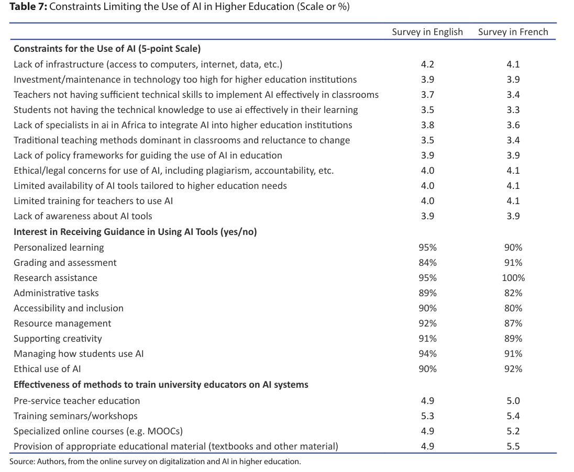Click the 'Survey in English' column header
click(x=427, y=32)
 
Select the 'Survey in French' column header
click(x=513, y=32)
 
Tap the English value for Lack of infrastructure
click(x=427, y=64)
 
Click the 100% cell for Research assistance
click(x=513, y=278)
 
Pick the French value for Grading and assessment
click(x=513, y=263)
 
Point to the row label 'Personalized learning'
click(x=59, y=248)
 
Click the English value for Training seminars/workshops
click(x=427, y=416)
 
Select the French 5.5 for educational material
click(x=513, y=446)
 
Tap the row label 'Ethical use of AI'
click(x=47, y=369)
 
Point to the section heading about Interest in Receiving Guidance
click(x=135, y=232)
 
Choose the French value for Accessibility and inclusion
click(x=513, y=308)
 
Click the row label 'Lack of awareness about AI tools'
click(x=83, y=216)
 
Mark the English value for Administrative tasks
click(x=427, y=293)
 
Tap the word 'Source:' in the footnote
click(x=21, y=462)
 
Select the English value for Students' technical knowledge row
click(x=427, y=110)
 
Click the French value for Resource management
click(x=513, y=323)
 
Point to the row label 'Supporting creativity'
click(x=58, y=339)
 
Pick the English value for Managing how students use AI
click(x=427, y=354)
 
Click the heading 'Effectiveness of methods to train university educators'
click(x=161, y=385)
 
